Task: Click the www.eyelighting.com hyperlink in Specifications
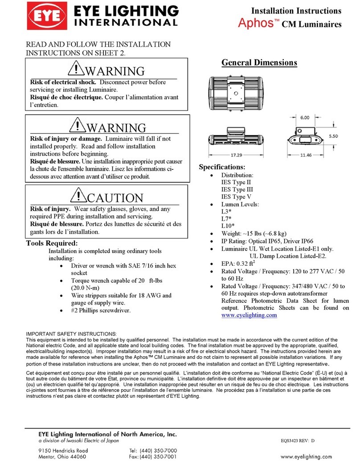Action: click(x=249, y=315)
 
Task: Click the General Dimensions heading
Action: click(x=259, y=63)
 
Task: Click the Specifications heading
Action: click(x=222, y=167)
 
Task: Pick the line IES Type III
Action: click(x=237, y=189)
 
